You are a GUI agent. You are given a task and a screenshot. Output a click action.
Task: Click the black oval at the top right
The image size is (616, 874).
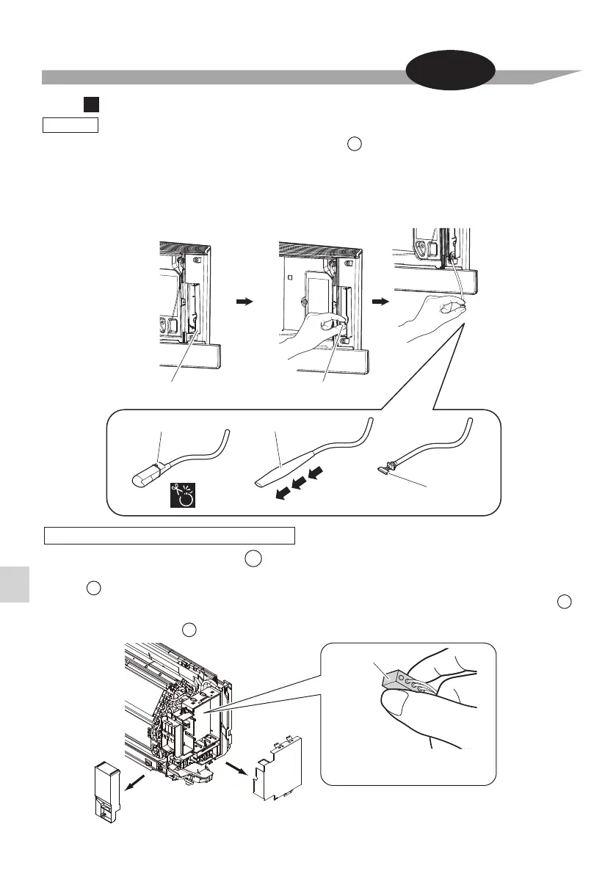pyautogui.click(x=452, y=73)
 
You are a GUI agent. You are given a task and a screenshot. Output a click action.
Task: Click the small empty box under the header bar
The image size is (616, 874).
pyautogui.click(x=70, y=125)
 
